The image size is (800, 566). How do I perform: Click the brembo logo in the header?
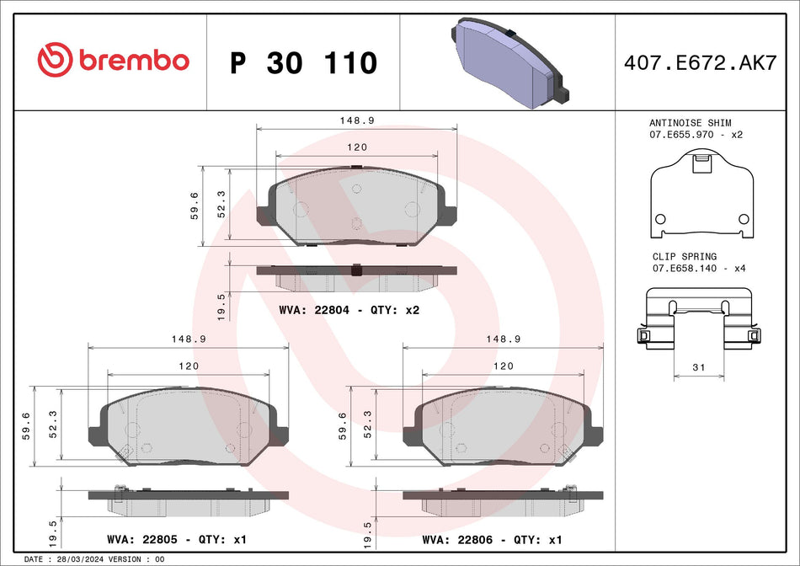click(113, 61)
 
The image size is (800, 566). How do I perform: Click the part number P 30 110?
click(303, 63)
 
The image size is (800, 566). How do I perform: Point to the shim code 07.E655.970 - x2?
click(696, 135)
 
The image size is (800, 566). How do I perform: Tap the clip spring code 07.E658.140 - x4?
click(697, 269)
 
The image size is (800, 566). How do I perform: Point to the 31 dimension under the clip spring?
click(697, 368)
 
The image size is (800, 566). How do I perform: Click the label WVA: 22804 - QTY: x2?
click(349, 310)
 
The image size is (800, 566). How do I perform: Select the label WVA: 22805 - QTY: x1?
click(176, 539)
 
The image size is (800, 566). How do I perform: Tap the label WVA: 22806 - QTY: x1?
click(491, 539)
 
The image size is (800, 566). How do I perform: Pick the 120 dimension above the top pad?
click(356, 147)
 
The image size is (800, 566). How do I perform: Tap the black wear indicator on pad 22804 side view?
click(355, 270)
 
